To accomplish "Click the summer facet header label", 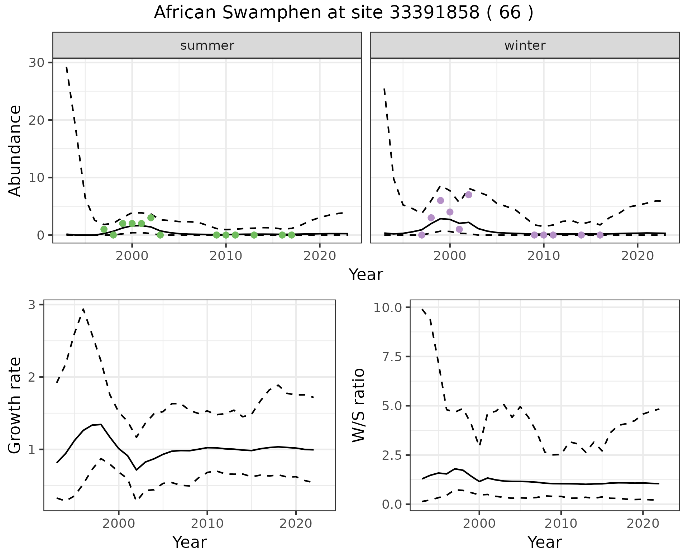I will tap(207, 46).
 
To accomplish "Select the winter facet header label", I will tap(525, 46).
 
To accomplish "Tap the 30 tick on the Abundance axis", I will tap(36, 63).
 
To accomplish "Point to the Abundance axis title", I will tap(15, 150).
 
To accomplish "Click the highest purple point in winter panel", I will tap(468, 195).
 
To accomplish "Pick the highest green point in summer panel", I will tap(151, 218).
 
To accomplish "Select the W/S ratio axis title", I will tap(358, 406).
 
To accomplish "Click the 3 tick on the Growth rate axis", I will tap(32, 305).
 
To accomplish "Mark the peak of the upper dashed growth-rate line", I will tap(83, 309).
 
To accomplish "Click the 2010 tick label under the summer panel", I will tap(226, 256).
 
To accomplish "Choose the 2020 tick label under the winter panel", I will tap(637, 256).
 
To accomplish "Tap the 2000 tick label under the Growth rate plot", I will tap(119, 524).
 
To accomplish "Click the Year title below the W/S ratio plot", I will tap(544, 542).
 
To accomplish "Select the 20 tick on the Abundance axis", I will tap(36, 120).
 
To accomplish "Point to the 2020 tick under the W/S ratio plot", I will tap(643, 524).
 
